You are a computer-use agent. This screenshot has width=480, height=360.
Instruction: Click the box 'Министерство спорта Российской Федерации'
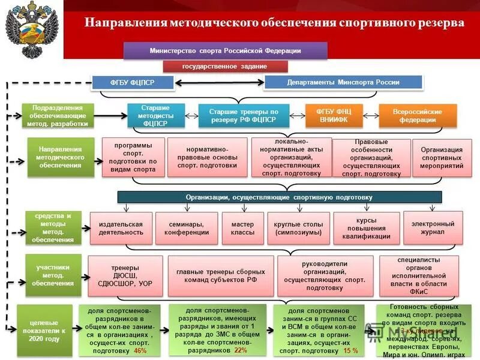(225, 51)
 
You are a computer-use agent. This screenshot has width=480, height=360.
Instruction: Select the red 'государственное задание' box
(225, 67)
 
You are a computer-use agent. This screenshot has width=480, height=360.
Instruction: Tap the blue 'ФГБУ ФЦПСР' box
(132, 82)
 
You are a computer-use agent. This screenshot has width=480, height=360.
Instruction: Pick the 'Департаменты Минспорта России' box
(343, 82)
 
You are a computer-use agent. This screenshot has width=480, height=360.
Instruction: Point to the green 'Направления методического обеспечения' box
(61, 157)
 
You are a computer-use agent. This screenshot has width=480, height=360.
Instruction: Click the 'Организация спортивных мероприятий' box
(442, 158)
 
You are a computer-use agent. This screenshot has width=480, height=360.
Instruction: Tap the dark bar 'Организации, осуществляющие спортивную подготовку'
(279, 197)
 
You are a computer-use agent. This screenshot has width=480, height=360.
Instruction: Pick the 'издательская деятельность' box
(121, 228)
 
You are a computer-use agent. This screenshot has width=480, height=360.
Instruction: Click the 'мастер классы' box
(242, 228)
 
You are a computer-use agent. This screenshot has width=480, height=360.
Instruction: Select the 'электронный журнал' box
(433, 227)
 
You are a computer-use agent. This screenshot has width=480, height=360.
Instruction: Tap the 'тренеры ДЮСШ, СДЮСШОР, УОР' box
(125, 275)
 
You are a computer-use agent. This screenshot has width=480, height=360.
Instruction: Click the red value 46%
(140, 351)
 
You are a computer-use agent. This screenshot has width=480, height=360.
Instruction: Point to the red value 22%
(241, 350)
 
